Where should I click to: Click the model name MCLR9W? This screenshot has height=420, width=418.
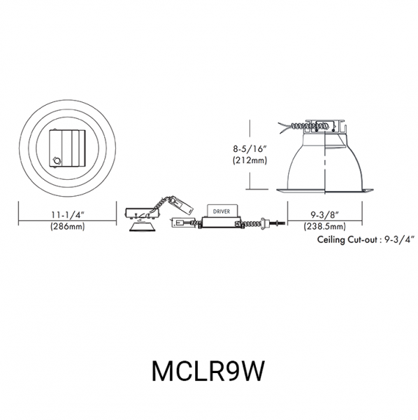[208, 371]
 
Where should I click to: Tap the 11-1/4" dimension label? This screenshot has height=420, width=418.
[68, 215]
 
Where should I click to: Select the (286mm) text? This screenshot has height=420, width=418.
[67, 227]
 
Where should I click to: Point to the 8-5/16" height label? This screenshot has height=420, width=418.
[250, 148]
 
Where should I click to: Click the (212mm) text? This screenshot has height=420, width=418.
[250, 160]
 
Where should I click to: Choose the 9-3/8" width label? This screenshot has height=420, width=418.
[324, 215]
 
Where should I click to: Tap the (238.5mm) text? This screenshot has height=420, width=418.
[324, 227]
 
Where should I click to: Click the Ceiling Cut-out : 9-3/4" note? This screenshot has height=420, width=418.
[366, 239]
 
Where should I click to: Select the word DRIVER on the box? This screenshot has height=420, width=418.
[222, 211]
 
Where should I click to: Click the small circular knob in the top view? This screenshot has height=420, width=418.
[57, 161]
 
